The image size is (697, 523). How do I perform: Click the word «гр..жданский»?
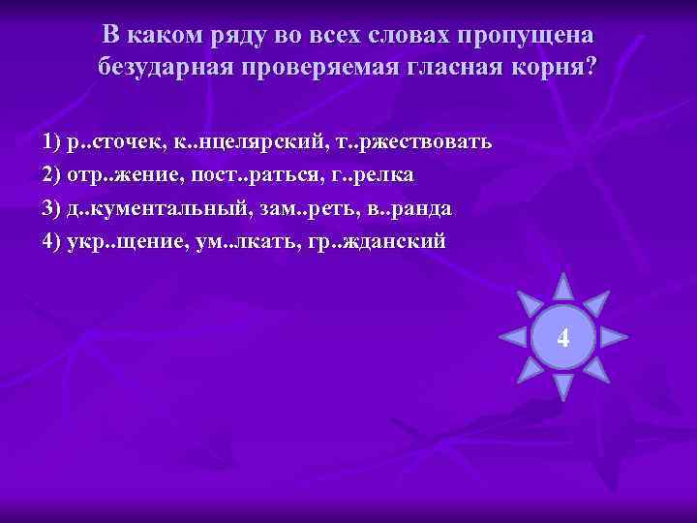(379, 240)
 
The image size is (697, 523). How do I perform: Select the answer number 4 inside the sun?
(562, 338)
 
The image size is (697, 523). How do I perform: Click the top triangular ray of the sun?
(562, 287)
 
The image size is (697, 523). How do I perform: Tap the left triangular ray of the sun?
(512, 337)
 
